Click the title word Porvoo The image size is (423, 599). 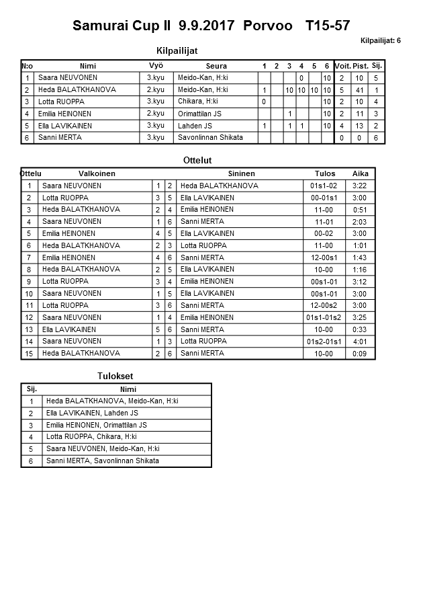[269, 26]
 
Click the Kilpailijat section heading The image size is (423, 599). [177, 50]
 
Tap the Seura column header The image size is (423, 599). [216, 66]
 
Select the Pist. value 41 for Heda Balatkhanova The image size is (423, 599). [360, 90]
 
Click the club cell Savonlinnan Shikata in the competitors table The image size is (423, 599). [210, 138]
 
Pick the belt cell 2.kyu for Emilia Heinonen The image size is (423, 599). [155, 114]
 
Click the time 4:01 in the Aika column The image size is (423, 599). [360, 342]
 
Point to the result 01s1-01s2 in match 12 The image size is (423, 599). [323, 317]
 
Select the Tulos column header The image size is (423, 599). [325, 173]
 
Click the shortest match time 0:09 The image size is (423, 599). [360, 354]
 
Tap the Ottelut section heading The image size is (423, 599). [197, 161]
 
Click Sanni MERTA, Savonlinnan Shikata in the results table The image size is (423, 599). [102, 461]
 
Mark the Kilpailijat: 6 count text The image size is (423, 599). [381, 41]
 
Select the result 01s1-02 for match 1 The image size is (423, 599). [323, 186]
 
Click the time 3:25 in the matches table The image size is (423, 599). [360, 317]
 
